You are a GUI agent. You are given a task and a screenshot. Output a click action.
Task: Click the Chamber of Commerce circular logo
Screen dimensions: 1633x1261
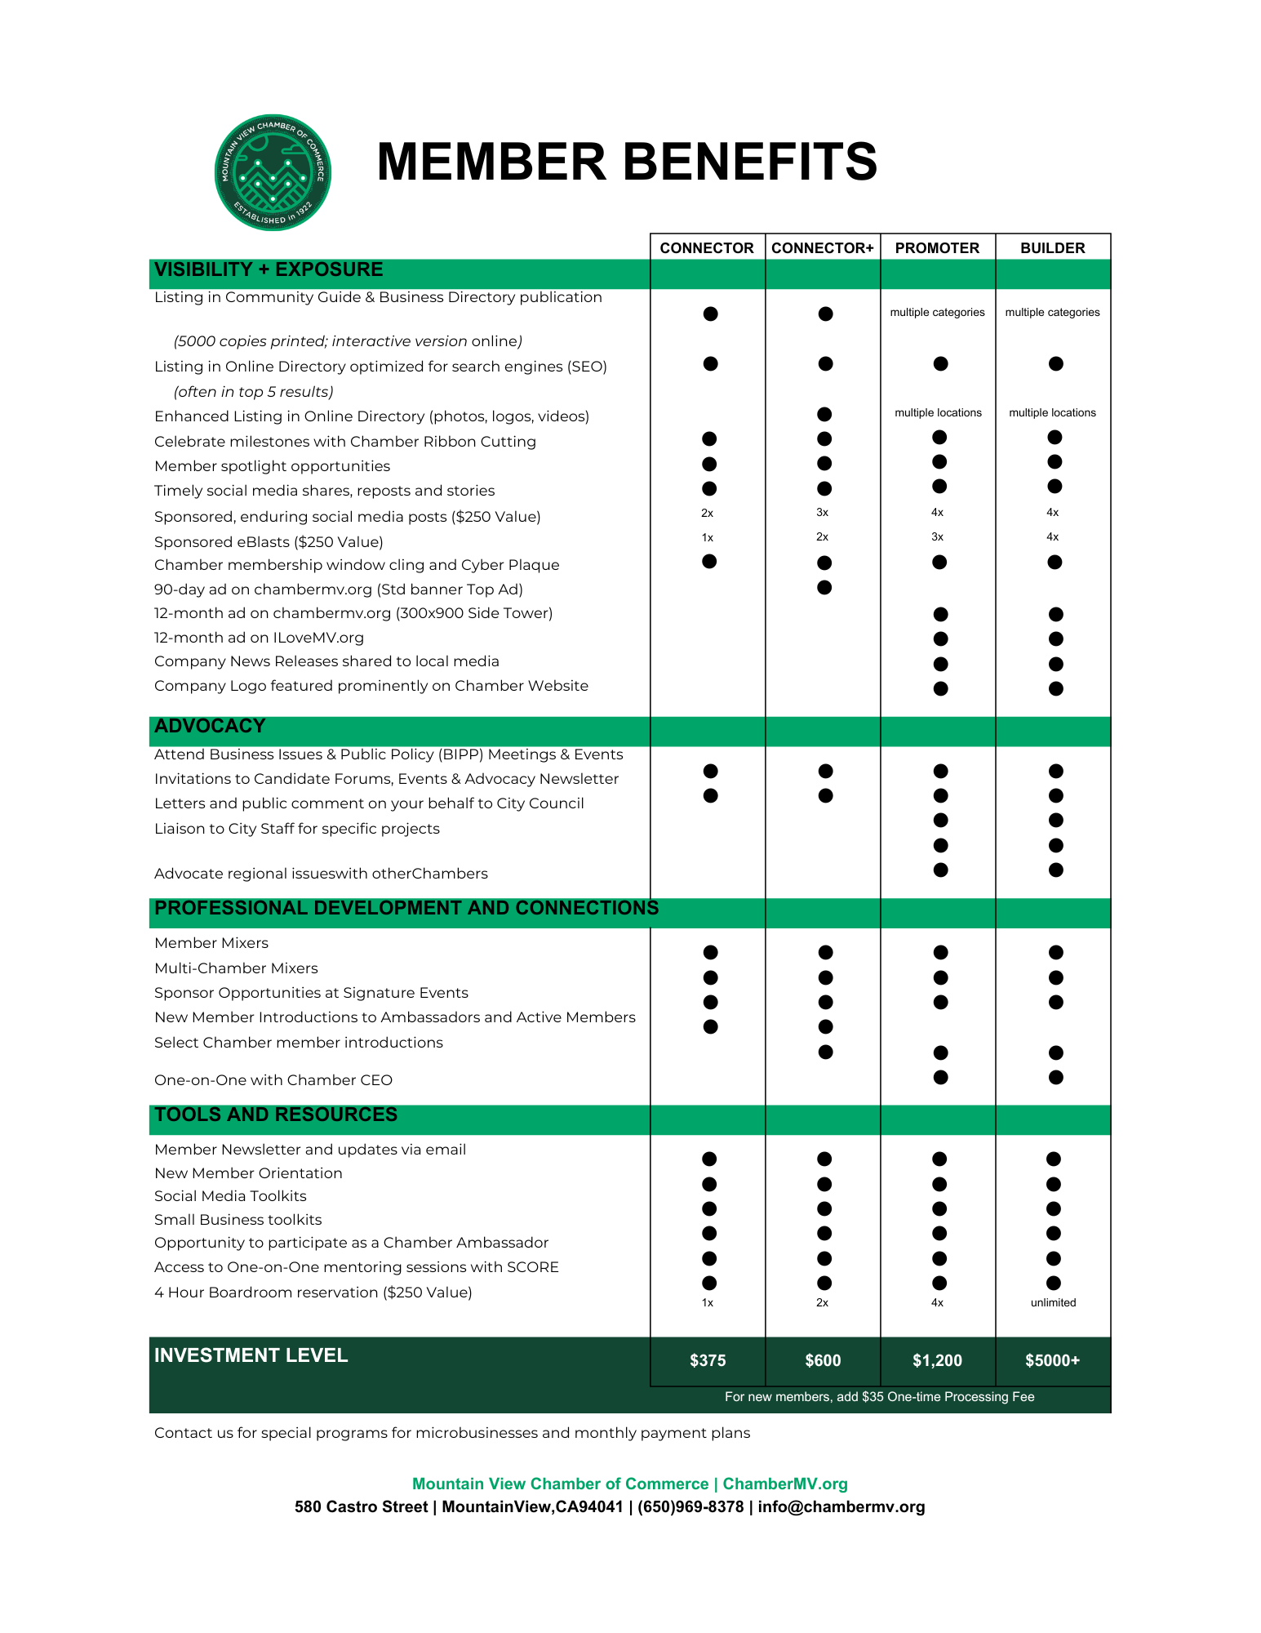[x=273, y=172]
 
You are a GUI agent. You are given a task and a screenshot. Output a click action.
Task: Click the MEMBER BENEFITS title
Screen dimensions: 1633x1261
[x=626, y=162]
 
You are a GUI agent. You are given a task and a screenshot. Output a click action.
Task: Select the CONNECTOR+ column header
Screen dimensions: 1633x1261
[x=822, y=248]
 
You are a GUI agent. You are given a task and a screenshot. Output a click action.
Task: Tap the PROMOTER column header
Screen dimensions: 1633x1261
[x=937, y=248]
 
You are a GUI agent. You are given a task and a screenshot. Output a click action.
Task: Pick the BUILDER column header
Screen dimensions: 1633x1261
[x=1052, y=248]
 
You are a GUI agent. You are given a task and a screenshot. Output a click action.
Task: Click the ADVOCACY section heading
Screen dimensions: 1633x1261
[x=210, y=726]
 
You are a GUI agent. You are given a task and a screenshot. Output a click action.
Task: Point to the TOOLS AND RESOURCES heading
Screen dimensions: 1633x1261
[x=276, y=1115]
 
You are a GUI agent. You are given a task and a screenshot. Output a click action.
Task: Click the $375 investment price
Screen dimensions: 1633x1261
[x=707, y=1360]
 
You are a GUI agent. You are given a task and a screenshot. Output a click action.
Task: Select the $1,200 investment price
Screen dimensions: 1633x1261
[x=937, y=1360]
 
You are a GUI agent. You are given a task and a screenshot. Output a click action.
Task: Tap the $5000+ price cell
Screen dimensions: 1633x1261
[x=1052, y=1360]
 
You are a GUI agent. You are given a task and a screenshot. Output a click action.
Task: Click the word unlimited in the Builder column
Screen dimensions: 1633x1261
[x=1053, y=1302]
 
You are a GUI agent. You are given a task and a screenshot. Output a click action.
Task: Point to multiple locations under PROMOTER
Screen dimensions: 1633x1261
[x=938, y=413]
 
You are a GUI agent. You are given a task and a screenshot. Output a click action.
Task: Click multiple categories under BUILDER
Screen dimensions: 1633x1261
[x=1052, y=313]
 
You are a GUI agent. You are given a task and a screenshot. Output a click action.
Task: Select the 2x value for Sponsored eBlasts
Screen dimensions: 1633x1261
[x=822, y=537]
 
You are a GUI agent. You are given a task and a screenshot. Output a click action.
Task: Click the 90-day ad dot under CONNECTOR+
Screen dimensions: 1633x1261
[x=824, y=588]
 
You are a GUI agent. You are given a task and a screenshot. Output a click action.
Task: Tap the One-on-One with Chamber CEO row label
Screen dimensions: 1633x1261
[x=273, y=1080]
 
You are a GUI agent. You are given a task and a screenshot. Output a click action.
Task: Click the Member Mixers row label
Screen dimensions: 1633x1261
[x=211, y=943]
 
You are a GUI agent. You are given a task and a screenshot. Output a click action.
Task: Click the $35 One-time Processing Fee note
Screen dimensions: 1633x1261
[x=879, y=1397]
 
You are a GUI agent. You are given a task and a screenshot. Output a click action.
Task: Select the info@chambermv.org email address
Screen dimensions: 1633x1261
[x=841, y=1507]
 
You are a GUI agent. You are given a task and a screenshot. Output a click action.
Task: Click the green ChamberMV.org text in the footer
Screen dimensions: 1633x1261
[x=785, y=1484]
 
